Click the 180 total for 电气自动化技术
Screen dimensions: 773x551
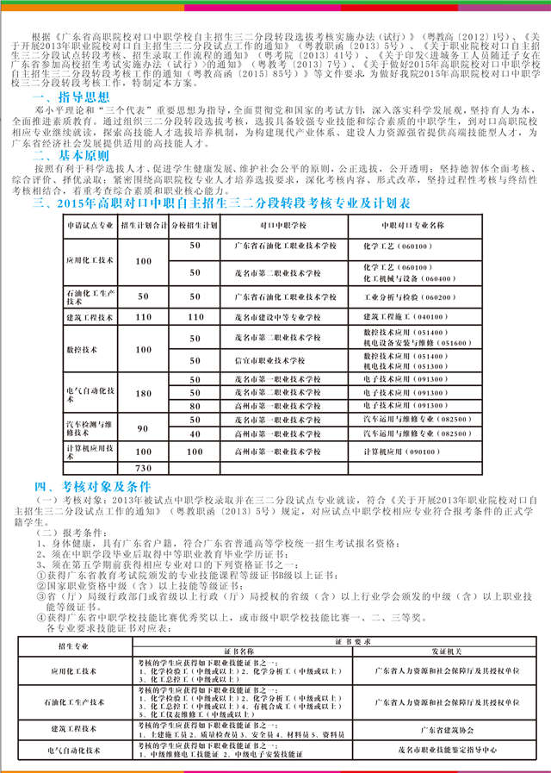point(142,392)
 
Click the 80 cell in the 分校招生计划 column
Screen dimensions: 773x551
point(195,405)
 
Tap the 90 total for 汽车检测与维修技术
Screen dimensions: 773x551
point(142,428)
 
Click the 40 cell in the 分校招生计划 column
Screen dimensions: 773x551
point(195,434)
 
